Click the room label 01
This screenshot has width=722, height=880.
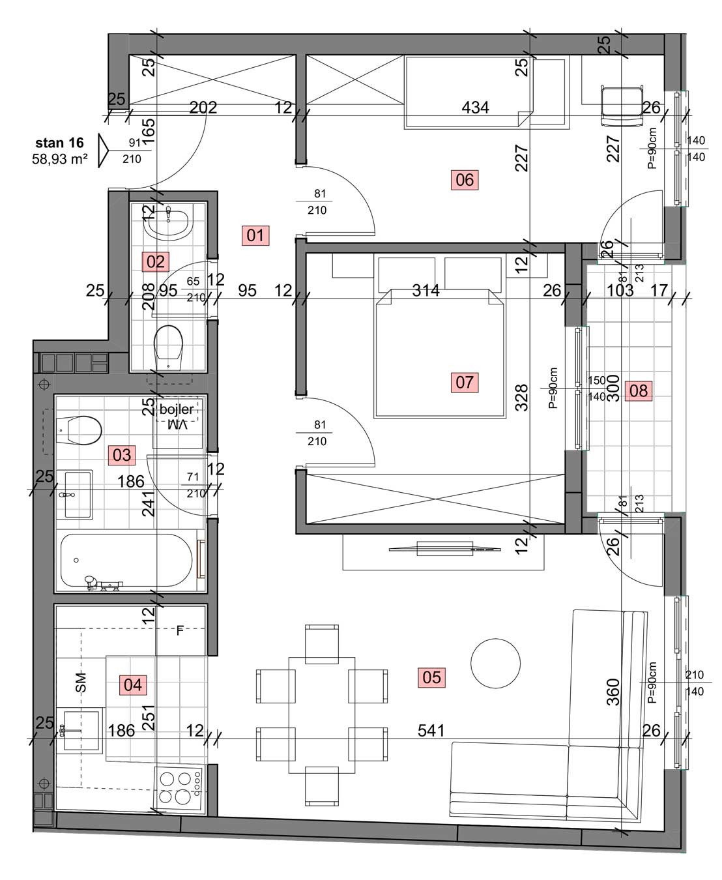coord(255,235)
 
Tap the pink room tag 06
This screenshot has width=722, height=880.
coord(464,180)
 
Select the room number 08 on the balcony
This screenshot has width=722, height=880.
coord(638,390)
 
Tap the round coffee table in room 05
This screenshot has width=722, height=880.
coord(495,663)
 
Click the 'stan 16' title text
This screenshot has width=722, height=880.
coord(59,143)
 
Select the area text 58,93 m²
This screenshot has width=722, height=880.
coord(59,159)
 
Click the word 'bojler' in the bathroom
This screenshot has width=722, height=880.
coord(176,409)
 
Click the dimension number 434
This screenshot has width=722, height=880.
coord(475,108)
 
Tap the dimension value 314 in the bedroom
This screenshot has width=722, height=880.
coord(426,290)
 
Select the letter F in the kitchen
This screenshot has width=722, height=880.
coord(180,630)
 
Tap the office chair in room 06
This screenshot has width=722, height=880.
coord(621,106)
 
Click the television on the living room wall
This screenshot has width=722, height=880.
coord(444,549)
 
